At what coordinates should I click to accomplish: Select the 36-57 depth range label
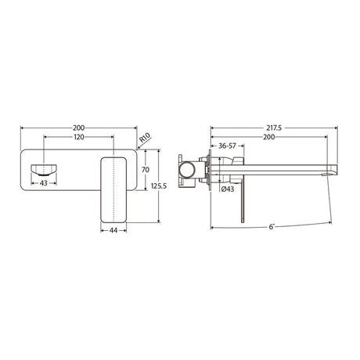click(x=228, y=146)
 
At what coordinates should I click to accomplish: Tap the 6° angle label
click(x=271, y=227)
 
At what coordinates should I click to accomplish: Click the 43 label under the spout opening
click(x=43, y=183)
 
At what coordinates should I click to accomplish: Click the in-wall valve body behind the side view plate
click(x=189, y=167)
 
